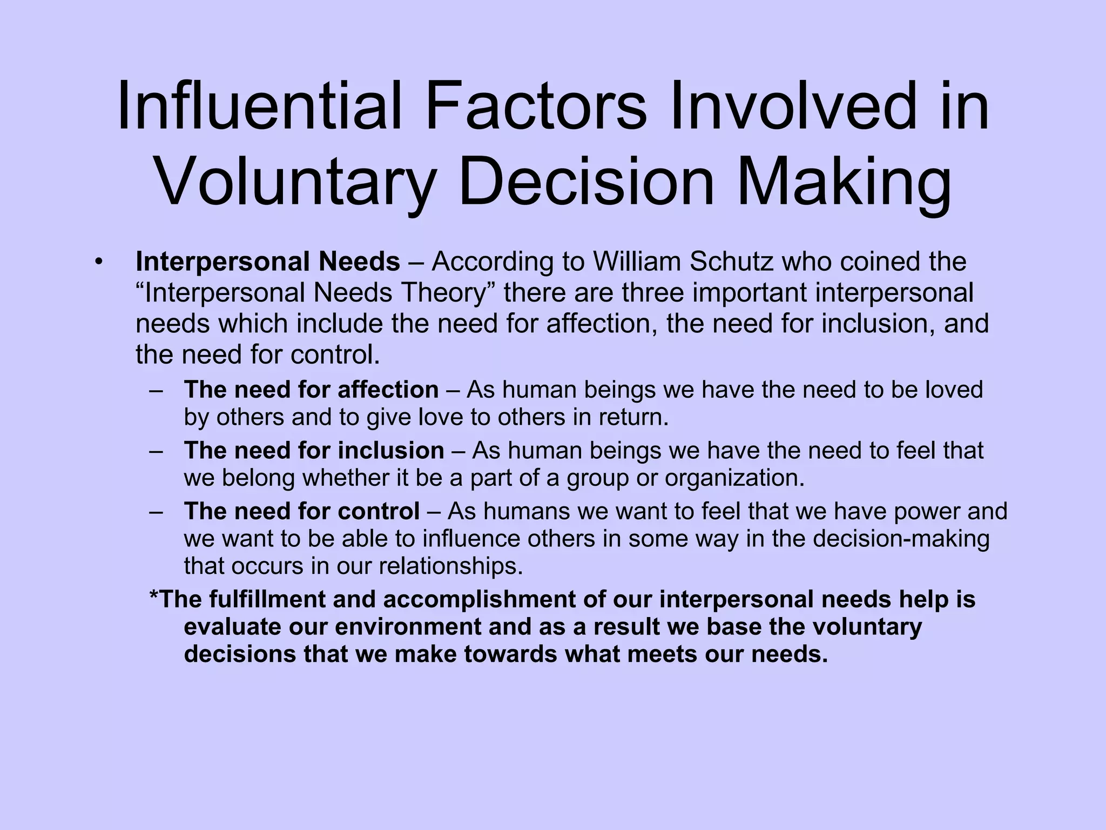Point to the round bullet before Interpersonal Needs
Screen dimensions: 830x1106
(97, 262)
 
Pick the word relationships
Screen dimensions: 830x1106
(451, 566)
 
